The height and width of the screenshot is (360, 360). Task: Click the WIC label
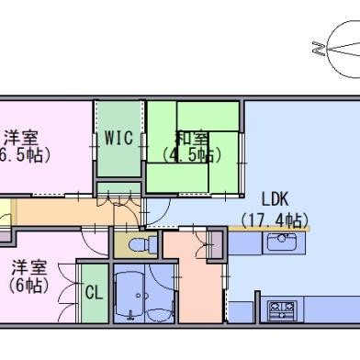coord(118,138)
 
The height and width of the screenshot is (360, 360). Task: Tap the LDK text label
coord(275,199)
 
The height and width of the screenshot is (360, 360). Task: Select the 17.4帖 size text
coord(275,220)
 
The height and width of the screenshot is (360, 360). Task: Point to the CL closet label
coord(94,293)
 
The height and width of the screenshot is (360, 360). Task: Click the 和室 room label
coord(191,138)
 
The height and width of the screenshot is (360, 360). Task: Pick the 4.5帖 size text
coord(191,155)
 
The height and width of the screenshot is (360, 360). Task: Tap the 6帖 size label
coord(28,286)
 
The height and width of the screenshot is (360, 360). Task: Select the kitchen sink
coord(282,242)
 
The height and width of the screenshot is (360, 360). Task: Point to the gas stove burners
coord(282,309)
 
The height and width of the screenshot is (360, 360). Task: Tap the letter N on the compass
coord(319,49)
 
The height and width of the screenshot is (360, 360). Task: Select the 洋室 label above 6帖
coord(29,268)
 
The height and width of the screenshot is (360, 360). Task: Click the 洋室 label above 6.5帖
coord(21,138)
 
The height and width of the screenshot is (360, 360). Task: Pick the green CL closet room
coord(95,293)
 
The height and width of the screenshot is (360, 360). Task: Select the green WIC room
coord(119,139)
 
